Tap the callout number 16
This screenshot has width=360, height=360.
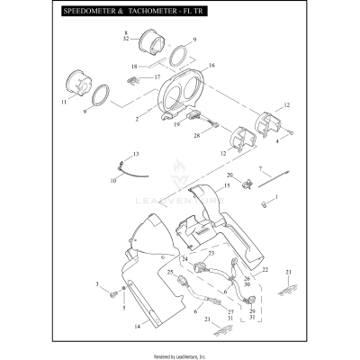[211, 67]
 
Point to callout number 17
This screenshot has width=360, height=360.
[157, 76]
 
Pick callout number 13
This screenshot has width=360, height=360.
[136, 155]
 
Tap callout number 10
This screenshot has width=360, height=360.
[114, 180]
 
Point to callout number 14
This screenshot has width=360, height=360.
[138, 327]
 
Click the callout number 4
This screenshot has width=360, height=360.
[278, 140]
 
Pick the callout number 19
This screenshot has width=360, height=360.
[176, 125]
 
